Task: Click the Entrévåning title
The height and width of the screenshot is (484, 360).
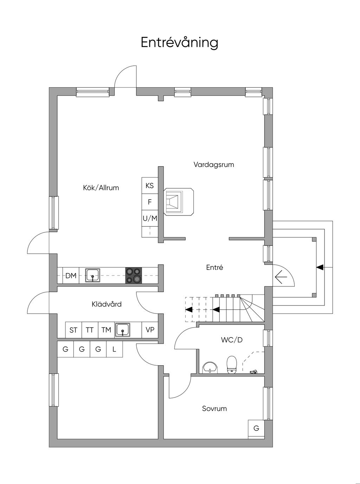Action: point(179,43)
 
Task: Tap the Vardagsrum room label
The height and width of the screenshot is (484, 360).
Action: point(214,164)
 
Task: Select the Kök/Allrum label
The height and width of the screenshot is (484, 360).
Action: point(101,188)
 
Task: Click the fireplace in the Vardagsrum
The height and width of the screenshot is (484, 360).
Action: point(179,202)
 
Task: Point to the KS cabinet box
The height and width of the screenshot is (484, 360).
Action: point(150,186)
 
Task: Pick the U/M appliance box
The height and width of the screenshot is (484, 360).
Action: point(150,218)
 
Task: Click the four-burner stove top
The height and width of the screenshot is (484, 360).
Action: point(133,275)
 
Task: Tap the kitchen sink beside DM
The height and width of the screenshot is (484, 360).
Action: point(92,275)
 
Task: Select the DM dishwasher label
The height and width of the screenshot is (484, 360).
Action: point(71,276)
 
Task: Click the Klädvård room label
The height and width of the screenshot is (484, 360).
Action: point(107,304)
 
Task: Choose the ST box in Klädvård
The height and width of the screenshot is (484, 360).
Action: point(73,330)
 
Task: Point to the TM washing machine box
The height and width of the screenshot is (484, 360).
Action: point(106,330)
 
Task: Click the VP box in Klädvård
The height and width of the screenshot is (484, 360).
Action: point(150,330)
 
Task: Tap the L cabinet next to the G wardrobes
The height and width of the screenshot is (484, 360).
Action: point(114,349)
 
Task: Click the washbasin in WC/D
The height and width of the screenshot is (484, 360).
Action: point(210,368)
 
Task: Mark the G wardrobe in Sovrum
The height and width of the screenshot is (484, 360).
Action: point(256,428)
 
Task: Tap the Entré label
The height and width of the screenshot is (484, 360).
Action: point(214,267)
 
